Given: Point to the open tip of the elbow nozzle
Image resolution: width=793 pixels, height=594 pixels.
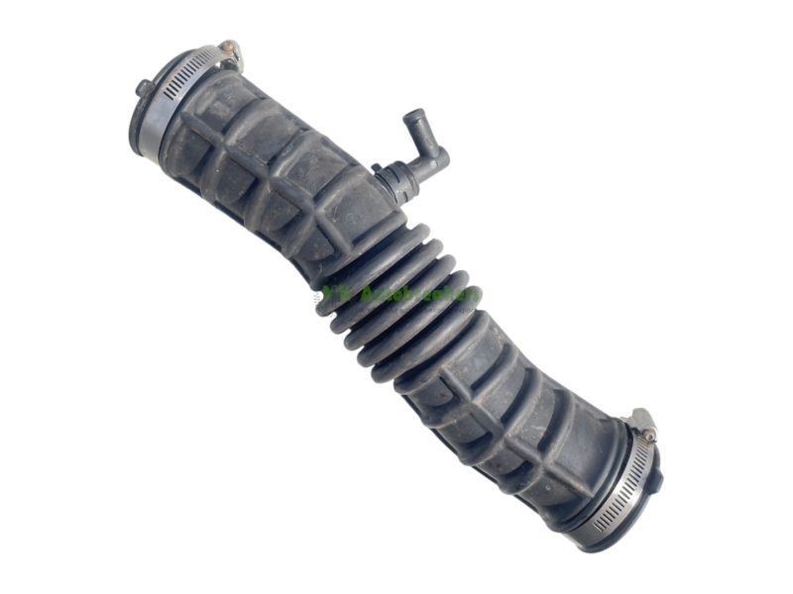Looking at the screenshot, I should click(411, 115).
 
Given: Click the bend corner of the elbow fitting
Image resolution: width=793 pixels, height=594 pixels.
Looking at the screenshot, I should click(436, 158).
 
